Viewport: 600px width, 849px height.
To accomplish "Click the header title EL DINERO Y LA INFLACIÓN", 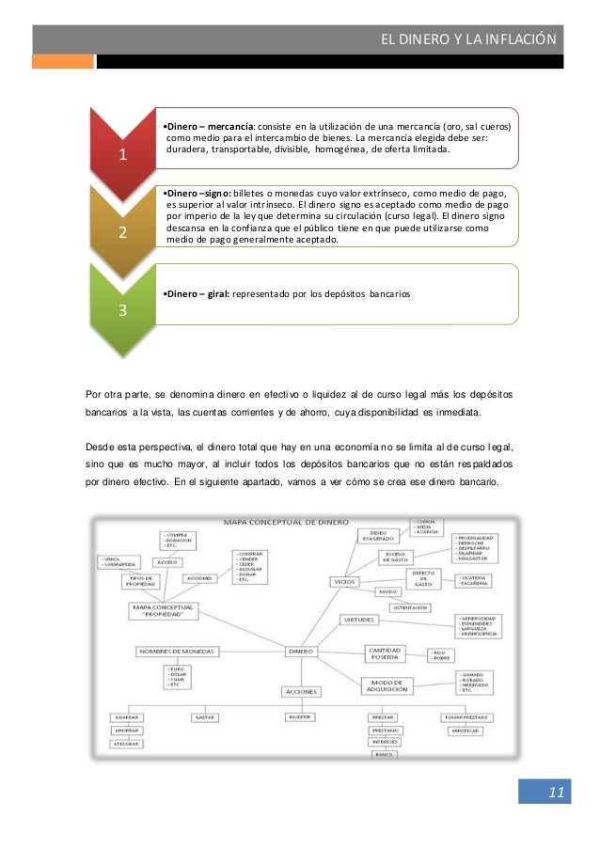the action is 467,39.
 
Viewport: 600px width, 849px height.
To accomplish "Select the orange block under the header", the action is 63,61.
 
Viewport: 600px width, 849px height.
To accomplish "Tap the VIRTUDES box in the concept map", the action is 364,621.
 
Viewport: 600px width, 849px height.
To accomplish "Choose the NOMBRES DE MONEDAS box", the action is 177,651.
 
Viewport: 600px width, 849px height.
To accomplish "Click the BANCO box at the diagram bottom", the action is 384,754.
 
